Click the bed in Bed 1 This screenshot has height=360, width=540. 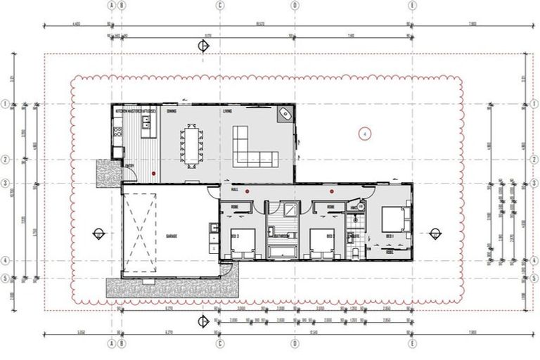392,220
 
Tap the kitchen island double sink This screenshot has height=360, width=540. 146,123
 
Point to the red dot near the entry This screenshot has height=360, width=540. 153,173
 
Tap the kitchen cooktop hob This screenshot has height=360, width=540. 115,129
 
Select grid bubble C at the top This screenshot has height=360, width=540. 220,4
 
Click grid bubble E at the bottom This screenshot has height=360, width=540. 411,345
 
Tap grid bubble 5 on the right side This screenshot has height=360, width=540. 534,278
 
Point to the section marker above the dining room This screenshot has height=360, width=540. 204,46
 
